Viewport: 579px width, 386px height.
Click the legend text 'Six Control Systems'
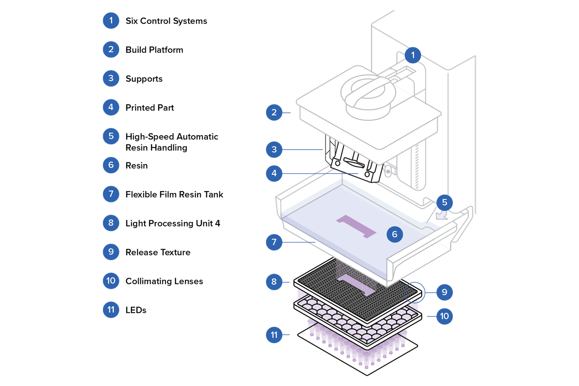166,21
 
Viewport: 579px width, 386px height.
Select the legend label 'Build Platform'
154,50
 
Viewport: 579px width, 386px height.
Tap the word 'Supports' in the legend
144,79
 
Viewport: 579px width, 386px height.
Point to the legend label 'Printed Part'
149,108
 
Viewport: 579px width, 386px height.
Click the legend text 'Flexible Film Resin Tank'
174,194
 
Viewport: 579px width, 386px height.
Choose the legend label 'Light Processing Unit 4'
172,224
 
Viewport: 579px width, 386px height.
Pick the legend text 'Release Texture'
157,252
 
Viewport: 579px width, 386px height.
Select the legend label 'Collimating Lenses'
164,281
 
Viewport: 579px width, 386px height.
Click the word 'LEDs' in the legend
136,310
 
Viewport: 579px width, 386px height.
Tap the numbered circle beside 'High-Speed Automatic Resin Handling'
111,136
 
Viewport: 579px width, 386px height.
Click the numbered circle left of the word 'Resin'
111,165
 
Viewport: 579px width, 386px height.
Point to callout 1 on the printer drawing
413,55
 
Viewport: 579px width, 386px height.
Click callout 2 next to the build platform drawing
274,112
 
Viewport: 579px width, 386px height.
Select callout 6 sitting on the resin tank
394,234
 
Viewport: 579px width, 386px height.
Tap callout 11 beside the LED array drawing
274,335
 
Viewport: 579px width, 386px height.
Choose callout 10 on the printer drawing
444,316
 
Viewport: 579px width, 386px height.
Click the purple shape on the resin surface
356,226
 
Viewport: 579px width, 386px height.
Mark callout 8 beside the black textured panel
274,282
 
